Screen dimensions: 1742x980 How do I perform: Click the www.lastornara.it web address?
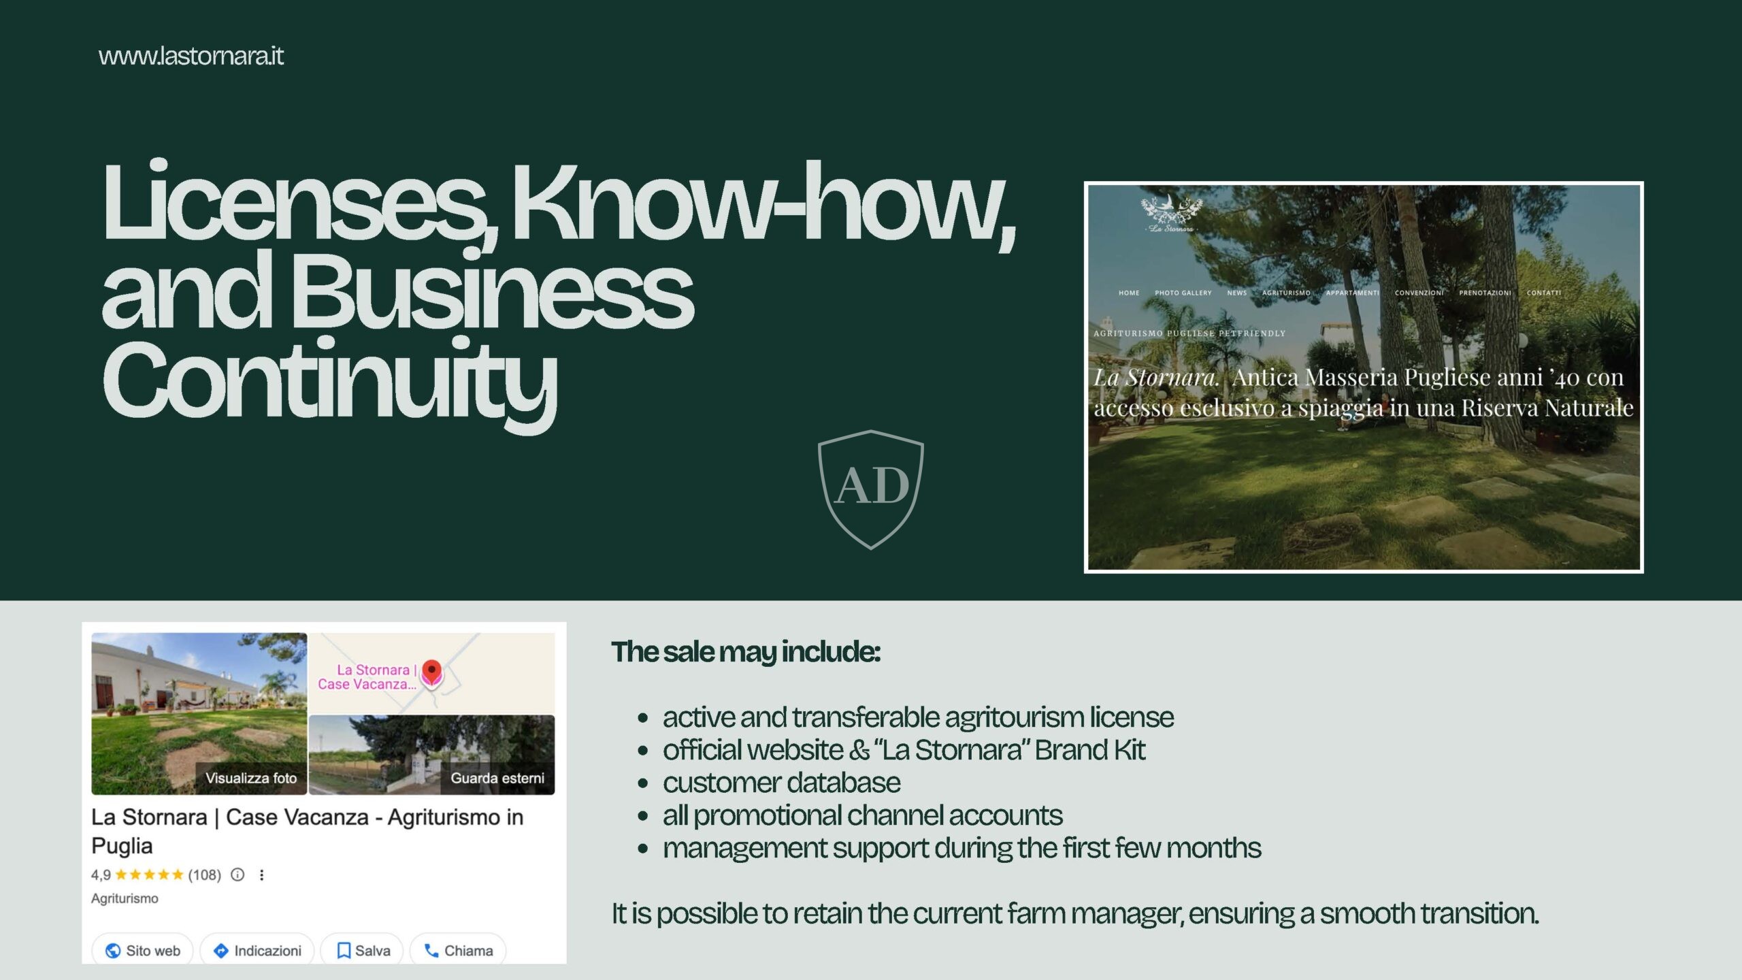pos(191,56)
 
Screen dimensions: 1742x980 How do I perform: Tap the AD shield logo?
pos(871,489)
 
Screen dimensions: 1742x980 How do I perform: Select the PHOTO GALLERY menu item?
pos(1183,293)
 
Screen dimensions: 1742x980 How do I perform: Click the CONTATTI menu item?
pos(1544,293)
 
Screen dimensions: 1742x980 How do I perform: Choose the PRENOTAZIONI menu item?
pos(1485,293)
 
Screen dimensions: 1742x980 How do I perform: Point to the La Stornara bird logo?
pos(1171,214)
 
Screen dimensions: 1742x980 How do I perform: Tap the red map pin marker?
pos(431,674)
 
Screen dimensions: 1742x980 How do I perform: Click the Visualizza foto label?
pos(251,778)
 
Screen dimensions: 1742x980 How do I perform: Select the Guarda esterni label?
pos(497,778)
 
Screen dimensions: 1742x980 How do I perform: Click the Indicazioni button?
pos(257,950)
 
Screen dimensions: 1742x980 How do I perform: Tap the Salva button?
pos(363,950)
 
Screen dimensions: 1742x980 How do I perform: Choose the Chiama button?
pos(458,950)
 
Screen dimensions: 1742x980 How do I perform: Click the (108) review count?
pos(205,875)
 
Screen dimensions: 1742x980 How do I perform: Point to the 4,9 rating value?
pos(101,875)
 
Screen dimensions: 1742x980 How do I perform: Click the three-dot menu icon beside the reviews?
pos(262,875)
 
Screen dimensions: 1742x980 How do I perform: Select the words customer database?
pos(782,783)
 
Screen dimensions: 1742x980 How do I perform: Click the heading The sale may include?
pos(746,652)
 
